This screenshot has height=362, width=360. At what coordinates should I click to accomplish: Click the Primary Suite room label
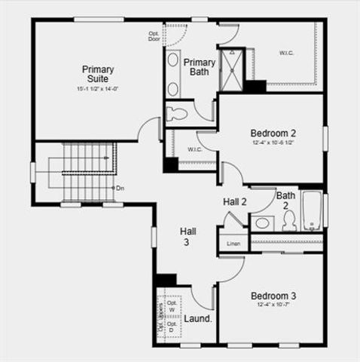[96, 73]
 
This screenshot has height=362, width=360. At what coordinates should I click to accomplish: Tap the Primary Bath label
[200, 67]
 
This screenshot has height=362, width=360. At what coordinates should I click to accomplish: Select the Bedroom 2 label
[273, 133]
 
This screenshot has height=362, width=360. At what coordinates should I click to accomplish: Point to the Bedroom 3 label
[273, 296]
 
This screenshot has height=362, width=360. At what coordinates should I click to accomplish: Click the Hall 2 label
[235, 202]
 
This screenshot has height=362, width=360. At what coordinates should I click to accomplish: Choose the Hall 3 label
[188, 237]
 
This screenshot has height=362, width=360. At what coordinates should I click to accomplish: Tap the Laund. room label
[198, 318]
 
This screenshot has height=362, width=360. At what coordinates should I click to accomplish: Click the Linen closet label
[233, 244]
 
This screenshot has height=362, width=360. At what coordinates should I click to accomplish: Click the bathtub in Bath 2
[312, 210]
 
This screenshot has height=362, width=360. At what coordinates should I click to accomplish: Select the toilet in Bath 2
[288, 220]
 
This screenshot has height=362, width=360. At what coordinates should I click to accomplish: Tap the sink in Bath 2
[264, 222]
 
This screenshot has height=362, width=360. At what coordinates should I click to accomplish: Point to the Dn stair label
[120, 187]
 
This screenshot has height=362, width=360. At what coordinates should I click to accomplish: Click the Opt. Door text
[154, 36]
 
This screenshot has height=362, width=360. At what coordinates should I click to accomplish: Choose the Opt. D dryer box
[172, 327]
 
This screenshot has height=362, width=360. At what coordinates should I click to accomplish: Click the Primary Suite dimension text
[98, 89]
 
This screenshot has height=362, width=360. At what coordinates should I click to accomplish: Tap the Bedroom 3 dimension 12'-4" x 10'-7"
[273, 305]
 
